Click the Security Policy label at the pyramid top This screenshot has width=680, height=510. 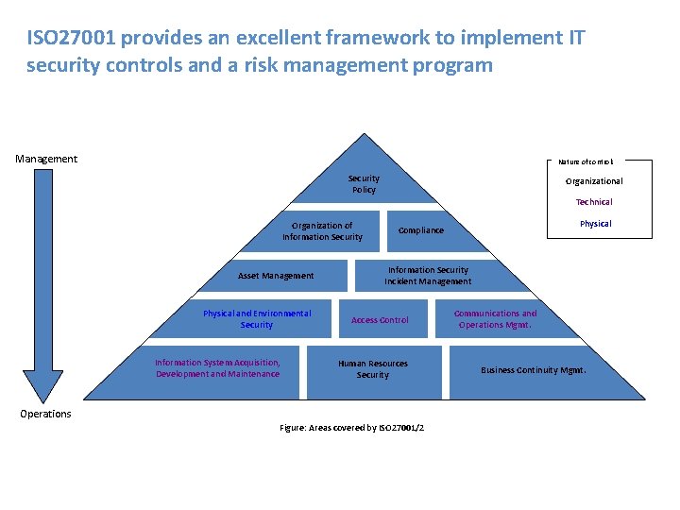pyautogui.click(x=364, y=184)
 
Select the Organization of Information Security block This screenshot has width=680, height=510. pyautogui.click(x=322, y=231)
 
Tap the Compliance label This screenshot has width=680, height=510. pyautogui.click(x=420, y=230)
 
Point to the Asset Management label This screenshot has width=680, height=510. pyautogui.click(x=276, y=276)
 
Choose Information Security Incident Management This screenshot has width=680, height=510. pyautogui.click(x=428, y=276)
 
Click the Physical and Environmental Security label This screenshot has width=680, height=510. pyautogui.click(x=257, y=319)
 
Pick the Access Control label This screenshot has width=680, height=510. pyautogui.click(x=380, y=320)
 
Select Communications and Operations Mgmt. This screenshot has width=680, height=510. pyautogui.click(x=495, y=319)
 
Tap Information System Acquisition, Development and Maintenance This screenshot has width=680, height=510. pyautogui.click(x=218, y=368)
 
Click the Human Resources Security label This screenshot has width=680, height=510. pyautogui.click(x=373, y=369)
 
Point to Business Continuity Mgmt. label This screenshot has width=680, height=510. pyautogui.click(x=534, y=370)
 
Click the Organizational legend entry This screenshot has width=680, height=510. pyautogui.click(x=594, y=181)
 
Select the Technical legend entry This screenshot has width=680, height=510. pyautogui.click(x=594, y=202)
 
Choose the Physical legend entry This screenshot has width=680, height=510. pyautogui.click(x=595, y=224)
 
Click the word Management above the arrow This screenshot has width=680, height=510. pyautogui.click(x=46, y=159)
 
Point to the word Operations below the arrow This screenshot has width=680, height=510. pyautogui.click(x=45, y=414)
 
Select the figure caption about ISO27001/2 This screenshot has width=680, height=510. pyautogui.click(x=352, y=428)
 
